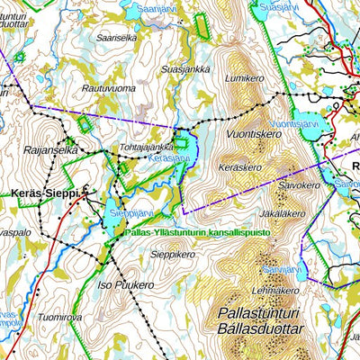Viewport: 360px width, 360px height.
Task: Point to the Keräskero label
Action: [239, 167]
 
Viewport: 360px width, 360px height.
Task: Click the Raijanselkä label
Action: [52, 151]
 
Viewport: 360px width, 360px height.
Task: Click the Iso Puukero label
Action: [124, 285]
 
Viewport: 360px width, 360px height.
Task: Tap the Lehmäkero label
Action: [275, 290]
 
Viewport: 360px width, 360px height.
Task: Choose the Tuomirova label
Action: [61, 318]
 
